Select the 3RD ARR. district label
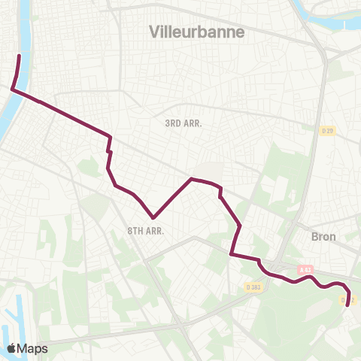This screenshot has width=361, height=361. point(184,123)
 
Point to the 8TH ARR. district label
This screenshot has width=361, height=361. point(146,231)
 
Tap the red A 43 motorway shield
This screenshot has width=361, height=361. point(305,269)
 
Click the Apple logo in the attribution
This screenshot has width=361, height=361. point(12,348)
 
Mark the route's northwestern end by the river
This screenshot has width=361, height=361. point(19,56)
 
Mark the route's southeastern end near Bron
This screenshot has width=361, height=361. point(347,305)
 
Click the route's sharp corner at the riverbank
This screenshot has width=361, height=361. point(11,89)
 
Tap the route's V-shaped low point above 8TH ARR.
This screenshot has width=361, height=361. point(153,217)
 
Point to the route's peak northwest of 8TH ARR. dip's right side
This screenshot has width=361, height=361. point(192,179)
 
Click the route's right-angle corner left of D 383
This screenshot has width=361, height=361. point(231,255)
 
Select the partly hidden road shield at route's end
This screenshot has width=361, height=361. point(344,300)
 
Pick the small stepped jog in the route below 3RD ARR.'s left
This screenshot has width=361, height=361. point(110,151)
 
